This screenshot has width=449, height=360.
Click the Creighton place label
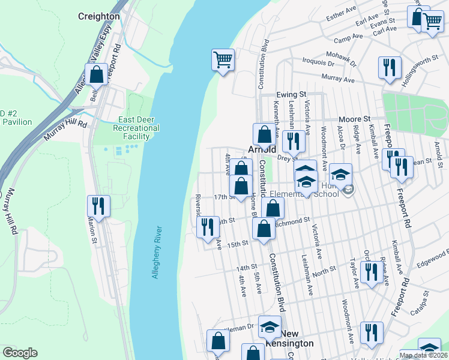pyautogui.click(x=98, y=16)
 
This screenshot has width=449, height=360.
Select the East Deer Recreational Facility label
pyautogui.click(x=139, y=128)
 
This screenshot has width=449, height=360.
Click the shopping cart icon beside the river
pyautogui.click(x=222, y=60)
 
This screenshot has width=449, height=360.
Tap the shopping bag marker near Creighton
pyautogui.click(x=96, y=75)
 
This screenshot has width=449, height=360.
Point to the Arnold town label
pyautogui.click(x=262, y=149)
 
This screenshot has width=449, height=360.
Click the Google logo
pyautogui.click(x=20, y=353)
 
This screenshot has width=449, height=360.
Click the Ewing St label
pyautogui.click(x=292, y=95)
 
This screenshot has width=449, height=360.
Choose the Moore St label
pyautogui.click(x=354, y=119)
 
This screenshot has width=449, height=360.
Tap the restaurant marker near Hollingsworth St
pyautogui.click(x=389, y=68)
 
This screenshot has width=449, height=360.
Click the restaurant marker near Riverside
pyautogui.click(x=208, y=227)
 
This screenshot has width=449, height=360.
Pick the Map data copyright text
pyautogui.click(x=424, y=355)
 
